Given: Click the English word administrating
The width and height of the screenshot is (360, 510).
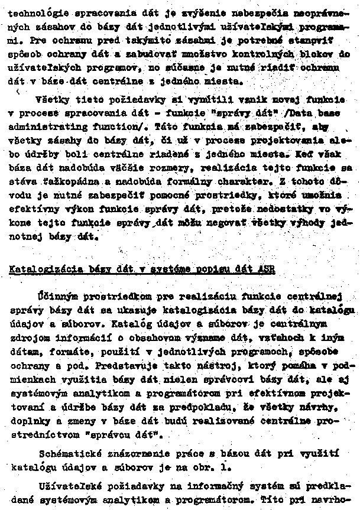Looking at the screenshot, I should coord(47,126).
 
